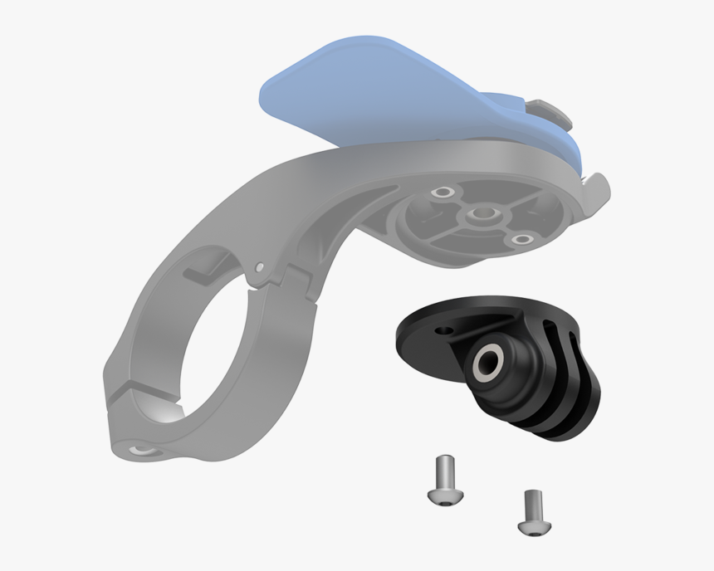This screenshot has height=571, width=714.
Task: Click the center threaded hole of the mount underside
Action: coord(479,217)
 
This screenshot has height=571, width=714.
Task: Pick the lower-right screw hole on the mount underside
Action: coord(522,241)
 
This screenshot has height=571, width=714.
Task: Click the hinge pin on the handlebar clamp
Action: coord(260,267)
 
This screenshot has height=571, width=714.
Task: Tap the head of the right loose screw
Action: coord(527,526)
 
